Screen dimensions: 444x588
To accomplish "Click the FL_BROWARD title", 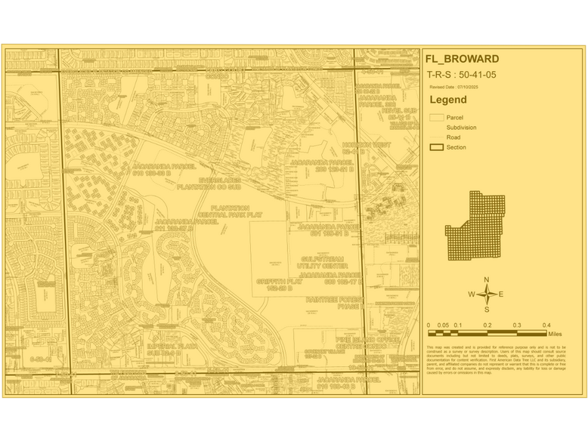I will [x=462, y=60].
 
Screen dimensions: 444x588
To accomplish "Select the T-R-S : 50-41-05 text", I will [x=461, y=75].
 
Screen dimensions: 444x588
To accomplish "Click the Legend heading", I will [x=448, y=100].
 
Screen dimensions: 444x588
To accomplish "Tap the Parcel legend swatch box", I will [x=436, y=118].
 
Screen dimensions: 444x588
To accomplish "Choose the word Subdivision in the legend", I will [x=461, y=128].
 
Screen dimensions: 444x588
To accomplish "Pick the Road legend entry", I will [x=453, y=137].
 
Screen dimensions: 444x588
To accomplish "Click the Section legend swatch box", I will [x=436, y=147].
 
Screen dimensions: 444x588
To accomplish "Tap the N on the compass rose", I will [x=487, y=280].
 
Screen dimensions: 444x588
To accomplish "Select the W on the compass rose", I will [x=472, y=294].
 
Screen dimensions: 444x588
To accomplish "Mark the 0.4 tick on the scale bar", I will [x=546, y=325].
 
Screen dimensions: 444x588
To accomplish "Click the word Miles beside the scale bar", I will [x=556, y=333].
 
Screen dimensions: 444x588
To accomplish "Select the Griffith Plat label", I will [x=274, y=285].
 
